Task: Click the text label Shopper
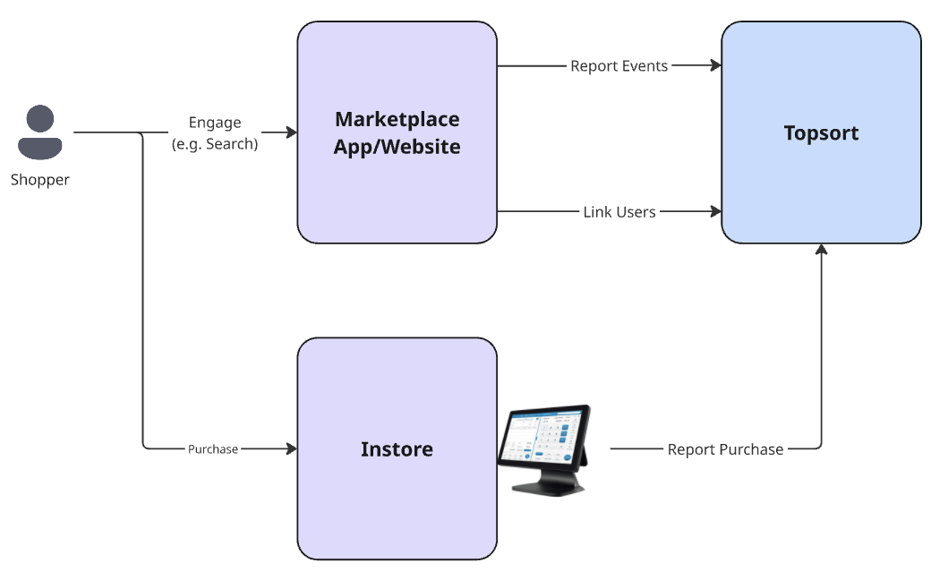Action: point(40,180)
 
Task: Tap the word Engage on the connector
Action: point(215,123)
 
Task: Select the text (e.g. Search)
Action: point(215,143)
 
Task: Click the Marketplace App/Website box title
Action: point(397,132)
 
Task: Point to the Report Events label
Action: point(619,65)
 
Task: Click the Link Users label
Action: point(619,212)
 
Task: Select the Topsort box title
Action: point(821,133)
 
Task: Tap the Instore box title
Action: point(397,448)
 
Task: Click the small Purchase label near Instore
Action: point(213,449)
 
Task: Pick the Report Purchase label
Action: point(725,449)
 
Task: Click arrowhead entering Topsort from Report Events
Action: point(715,65)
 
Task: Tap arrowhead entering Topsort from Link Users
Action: point(715,212)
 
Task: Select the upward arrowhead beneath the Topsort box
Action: point(821,251)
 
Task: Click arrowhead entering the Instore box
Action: point(291,448)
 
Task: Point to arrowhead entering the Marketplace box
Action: point(291,132)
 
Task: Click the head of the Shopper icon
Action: point(40,118)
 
